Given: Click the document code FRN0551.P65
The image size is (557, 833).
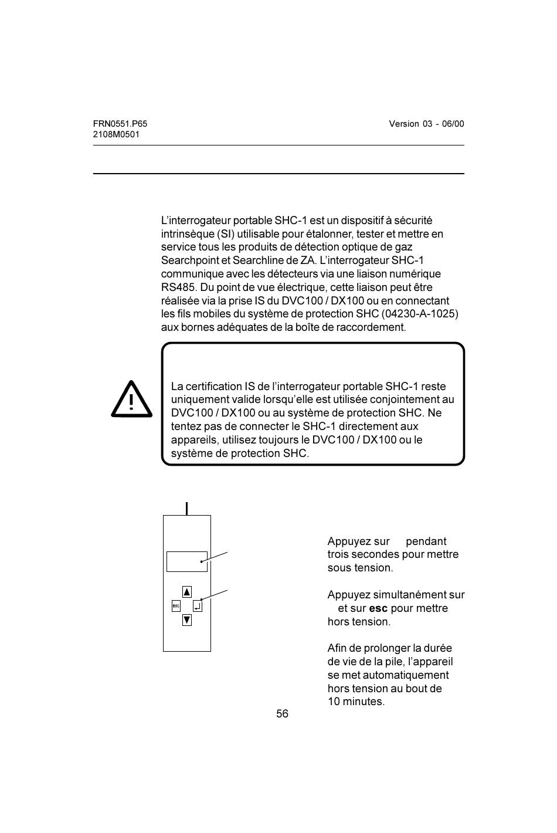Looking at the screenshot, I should click(x=120, y=124).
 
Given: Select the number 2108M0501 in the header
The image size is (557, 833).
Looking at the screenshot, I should click(x=116, y=134).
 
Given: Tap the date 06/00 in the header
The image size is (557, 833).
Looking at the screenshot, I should click(x=453, y=124).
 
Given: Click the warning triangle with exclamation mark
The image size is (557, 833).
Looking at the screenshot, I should click(x=132, y=400).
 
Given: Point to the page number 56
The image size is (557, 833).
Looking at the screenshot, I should click(x=283, y=714).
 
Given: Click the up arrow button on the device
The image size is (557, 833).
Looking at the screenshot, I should click(x=187, y=592).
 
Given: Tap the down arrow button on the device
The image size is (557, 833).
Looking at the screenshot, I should click(x=187, y=619).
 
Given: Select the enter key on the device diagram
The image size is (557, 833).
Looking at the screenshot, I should click(x=198, y=606).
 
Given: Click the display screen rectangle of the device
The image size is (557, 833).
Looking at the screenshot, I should click(x=187, y=561).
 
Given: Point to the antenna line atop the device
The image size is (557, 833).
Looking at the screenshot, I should click(x=186, y=509).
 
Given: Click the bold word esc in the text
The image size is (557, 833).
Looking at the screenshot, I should click(x=378, y=608).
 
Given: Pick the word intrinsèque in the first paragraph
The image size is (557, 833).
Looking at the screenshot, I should click(x=186, y=234).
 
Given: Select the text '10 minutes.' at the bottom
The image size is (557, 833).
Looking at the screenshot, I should click(x=356, y=702).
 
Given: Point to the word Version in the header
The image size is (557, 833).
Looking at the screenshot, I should click(x=403, y=124).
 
